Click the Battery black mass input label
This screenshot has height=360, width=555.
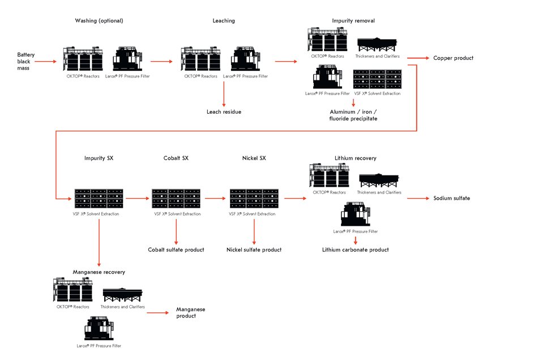(x=26, y=61)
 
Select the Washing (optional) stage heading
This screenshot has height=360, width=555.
(x=99, y=21)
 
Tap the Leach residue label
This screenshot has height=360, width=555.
(x=224, y=112)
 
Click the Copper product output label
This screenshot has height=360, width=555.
(x=453, y=58)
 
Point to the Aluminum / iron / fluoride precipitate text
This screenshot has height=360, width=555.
(x=353, y=115)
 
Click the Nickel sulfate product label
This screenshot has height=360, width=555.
(x=254, y=250)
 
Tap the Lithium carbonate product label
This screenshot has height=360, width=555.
(x=355, y=250)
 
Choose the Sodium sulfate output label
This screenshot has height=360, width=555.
(x=451, y=199)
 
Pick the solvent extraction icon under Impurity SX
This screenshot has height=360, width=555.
(x=99, y=199)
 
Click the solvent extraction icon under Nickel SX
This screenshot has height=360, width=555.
(x=254, y=199)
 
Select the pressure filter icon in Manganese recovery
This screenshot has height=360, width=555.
(x=99, y=329)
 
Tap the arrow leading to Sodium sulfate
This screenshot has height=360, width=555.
(x=418, y=199)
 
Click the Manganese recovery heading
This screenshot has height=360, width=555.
(x=99, y=272)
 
